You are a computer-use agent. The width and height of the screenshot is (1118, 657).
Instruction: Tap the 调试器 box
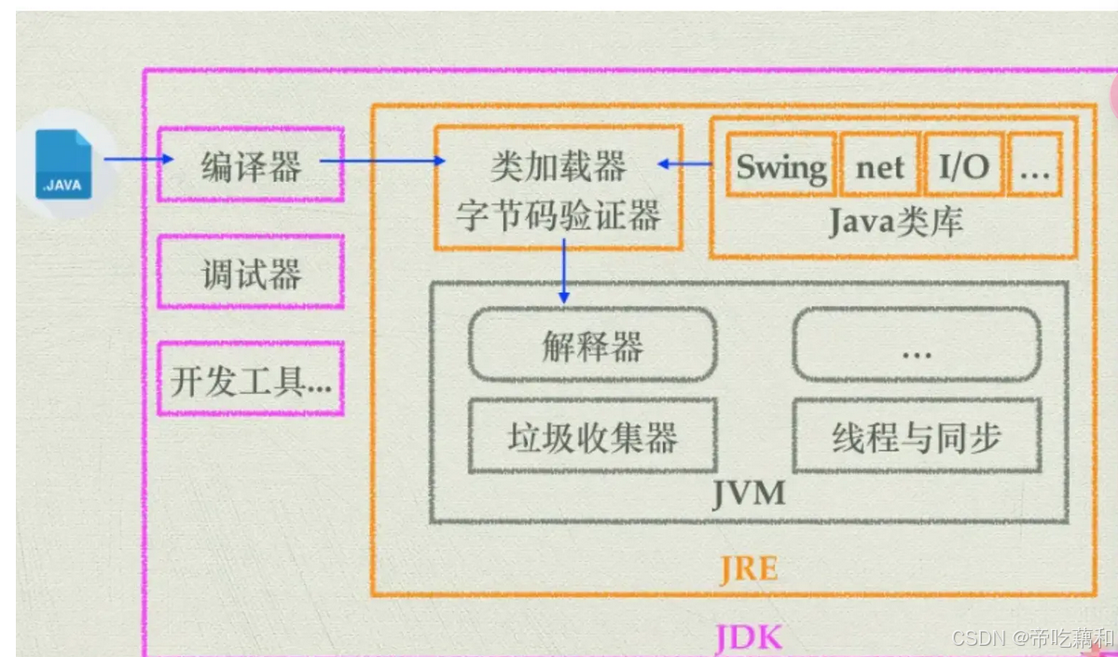tap(251, 273)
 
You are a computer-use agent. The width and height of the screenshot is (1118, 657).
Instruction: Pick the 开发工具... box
tap(251, 379)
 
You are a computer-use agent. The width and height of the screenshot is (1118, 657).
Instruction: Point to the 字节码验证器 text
tap(558, 216)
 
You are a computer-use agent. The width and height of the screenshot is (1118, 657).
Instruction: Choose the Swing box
tap(780, 166)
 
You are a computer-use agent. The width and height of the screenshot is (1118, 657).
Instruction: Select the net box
tap(880, 166)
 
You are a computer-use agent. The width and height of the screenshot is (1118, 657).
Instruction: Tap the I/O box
tap(963, 166)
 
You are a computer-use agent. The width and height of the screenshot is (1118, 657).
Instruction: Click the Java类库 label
tap(894, 222)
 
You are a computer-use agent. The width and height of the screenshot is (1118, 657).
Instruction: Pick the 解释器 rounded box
tap(592, 346)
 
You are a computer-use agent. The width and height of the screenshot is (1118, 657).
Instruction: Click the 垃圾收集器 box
tap(592, 437)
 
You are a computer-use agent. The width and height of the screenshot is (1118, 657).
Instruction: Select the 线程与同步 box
tap(917, 437)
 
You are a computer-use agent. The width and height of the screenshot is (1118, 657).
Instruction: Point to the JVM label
tap(748, 493)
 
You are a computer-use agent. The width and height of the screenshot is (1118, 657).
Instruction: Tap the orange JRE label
tap(748, 566)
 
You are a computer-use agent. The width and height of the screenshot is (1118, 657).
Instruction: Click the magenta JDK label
tap(748, 638)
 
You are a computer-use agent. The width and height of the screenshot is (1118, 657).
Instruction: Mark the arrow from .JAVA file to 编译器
tap(138, 160)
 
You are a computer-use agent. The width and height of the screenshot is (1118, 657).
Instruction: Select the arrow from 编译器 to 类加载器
tap(382, 161)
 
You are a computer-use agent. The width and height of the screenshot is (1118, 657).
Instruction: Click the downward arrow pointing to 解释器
tap(563, 271)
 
